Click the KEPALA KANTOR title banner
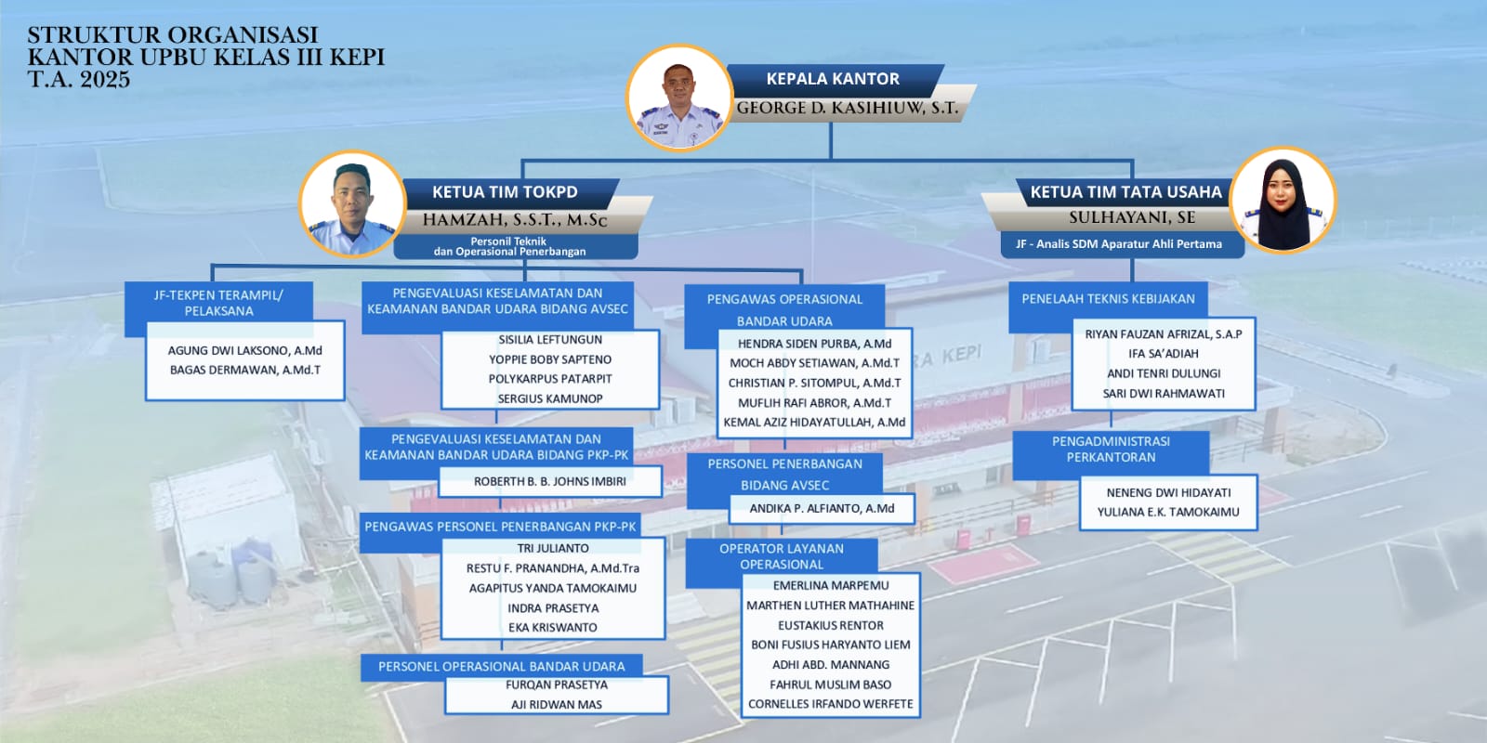pos(833,79)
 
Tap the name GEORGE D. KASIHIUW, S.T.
pos(847,108)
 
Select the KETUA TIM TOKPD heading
pos(506,192)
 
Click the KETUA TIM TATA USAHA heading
pos(1125,192)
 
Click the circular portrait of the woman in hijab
pos(1283,200)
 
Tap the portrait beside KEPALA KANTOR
pos(679,97)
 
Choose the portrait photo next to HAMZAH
pos(352,203)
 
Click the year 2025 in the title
pos(105,80)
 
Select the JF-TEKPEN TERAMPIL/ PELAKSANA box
pos(218,303)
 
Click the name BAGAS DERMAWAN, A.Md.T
pos(245,371)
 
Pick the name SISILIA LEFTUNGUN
pos(550,340)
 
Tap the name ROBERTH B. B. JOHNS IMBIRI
pos(549,482)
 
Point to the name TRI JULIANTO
pos(553,549)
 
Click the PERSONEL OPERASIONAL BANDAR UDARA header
pos(501,667)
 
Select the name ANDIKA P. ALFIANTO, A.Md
pos(822,509)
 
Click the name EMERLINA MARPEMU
pos(831,586)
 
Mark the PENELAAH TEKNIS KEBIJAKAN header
pos(1108,299)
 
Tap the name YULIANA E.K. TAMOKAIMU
pos(1167,512)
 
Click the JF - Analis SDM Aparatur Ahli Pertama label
pos(1119,244)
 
